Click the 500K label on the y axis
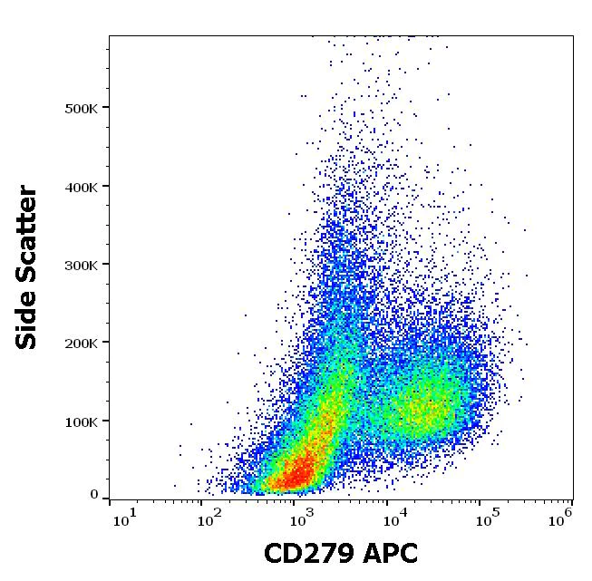pos(81,108)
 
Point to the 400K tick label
pos(81,187)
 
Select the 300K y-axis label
pos(81,265)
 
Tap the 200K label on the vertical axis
pos(81,343)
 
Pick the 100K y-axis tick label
pos(81,421)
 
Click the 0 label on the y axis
pos(93,495)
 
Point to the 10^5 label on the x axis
pos(485,518)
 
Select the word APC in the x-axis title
pos(390,554)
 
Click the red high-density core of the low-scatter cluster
pos(295,474)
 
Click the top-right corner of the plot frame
pos(573,36)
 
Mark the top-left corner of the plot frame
pos(109,36)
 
